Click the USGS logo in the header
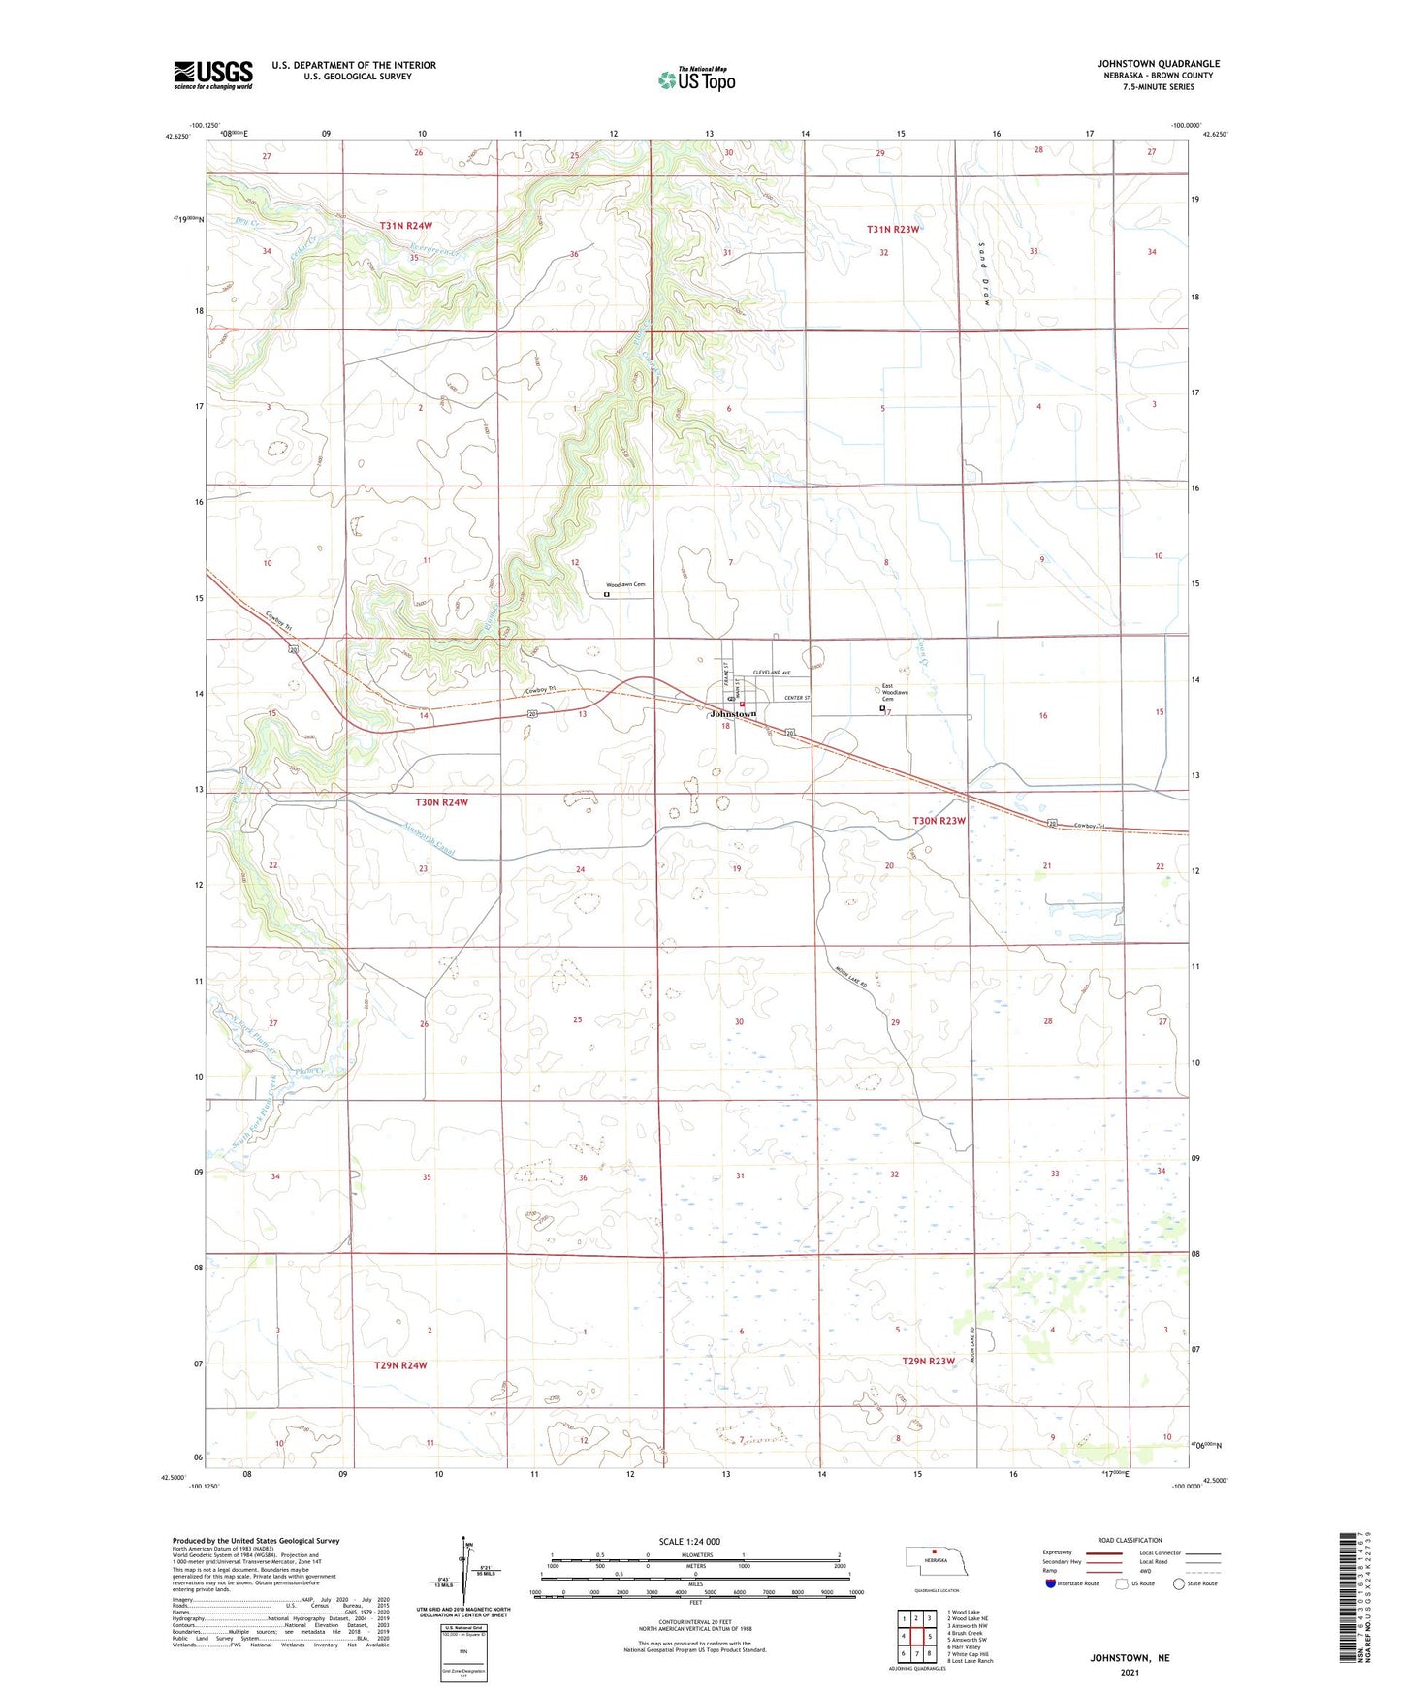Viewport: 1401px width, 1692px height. [213, 75]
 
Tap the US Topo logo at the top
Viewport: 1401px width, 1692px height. [696, 79]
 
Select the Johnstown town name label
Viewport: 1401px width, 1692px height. [733, 714]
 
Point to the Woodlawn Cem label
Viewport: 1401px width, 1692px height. [625, 585]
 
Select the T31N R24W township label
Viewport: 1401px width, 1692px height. [405, 226]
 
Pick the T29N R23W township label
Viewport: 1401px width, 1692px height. [928, 1361]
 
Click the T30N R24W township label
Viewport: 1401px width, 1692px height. [441, 802]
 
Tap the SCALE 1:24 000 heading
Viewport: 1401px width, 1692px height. [689, 1541]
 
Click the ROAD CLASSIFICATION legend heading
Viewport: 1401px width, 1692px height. [1130, 1540]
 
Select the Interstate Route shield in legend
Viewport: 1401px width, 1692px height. [1052, 1583]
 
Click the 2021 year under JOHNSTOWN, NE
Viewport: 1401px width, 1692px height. [1130, 1673]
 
